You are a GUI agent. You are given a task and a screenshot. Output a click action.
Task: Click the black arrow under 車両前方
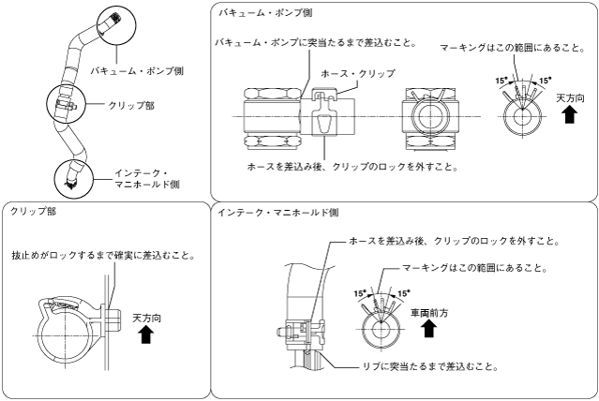tap(428, 329)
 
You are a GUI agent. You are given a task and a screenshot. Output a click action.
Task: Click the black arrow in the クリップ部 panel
tap(146, 336)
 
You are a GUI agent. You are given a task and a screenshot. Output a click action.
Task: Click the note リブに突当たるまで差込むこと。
tap(418, 366)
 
